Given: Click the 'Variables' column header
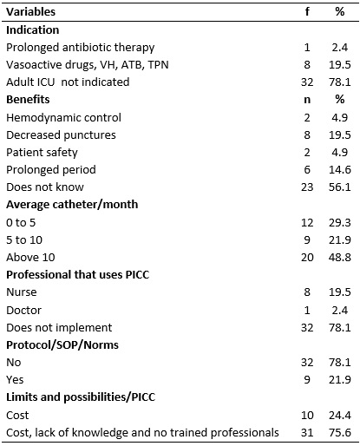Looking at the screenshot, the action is click(x=30, y=12).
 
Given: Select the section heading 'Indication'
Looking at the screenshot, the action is click(x=33, y=30).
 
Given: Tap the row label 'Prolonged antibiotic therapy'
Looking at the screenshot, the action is click(x=81, y=48).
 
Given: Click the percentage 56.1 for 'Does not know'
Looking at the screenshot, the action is click(x=340, y=187).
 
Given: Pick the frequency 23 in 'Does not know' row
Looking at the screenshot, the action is click(x=307, y=187).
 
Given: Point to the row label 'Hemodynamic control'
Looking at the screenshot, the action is click(x=63, y=118).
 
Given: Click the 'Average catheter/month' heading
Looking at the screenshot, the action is click(x=72, y=205).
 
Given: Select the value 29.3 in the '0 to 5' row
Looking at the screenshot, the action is click(x=340, y=223).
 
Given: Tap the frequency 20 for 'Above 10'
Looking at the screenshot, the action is click(x=307, y=258).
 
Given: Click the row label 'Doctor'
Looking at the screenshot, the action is click(x=23, y=311).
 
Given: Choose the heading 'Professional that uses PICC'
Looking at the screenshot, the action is click(x=78, y=275).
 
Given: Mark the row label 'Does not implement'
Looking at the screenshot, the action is click(x=59, y=328).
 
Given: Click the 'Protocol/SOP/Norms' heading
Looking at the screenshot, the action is click(x=62, y=345).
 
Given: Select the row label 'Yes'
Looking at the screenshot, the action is click(x=15, y=380).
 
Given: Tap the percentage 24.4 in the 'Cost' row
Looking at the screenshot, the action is click(x=340, y=416).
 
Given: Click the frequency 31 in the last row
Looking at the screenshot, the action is click(x=307, y=433).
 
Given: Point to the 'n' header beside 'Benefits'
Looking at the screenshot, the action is click(x=307, y=100).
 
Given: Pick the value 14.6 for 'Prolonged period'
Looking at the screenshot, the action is click(x=340, y=170).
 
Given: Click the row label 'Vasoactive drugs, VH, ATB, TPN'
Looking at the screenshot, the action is click(x=88, y=65).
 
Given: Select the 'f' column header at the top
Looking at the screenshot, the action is click(x=307, y=11).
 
